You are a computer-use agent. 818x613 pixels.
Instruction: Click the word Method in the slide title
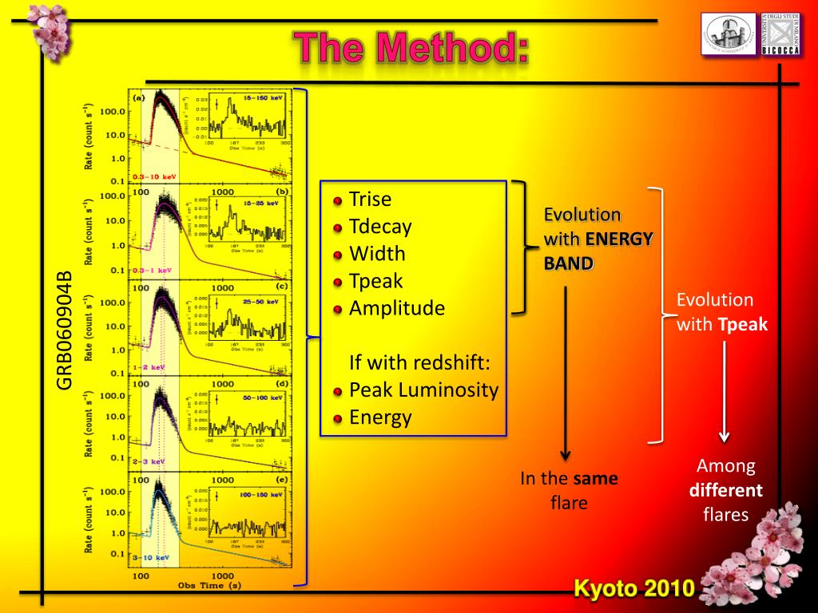[453, 49]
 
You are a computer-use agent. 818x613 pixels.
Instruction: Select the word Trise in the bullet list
[371, 199]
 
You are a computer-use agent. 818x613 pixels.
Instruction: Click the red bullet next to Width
[338, 255]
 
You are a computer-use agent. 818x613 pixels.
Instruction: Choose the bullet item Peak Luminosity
[423, 390]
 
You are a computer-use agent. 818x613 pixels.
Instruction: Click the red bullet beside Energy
[338, 418]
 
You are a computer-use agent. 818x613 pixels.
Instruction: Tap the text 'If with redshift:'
[419, 363]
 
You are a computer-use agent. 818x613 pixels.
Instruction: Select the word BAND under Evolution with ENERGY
[569, 263]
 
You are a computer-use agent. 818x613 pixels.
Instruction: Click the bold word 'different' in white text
[726, 490]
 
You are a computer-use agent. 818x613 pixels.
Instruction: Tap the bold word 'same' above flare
[596, 479]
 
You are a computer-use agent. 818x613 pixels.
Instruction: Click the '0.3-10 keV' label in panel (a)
[154, 176]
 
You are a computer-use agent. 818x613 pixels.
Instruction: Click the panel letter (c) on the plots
[281, 286]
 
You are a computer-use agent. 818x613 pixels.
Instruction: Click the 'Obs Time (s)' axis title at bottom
[209, 585]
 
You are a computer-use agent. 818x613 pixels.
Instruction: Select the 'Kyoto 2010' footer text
[635, 589]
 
